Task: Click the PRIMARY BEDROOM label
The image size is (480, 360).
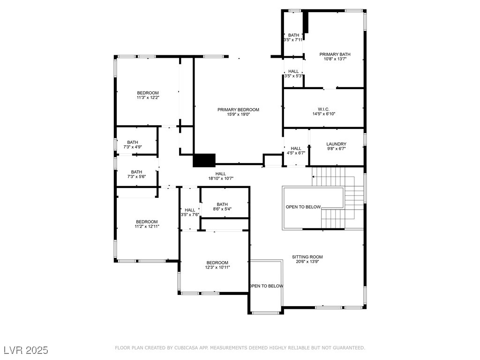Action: point(238,110)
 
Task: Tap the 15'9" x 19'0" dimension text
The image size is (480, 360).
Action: point(238,114)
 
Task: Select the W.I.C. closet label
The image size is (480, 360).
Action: point(323,109)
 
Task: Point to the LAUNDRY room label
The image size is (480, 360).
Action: point(336,144)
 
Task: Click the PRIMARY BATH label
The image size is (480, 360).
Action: point(335,54)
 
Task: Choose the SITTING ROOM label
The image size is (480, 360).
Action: point(307,257)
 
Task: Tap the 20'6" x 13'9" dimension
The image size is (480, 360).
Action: point(307,262)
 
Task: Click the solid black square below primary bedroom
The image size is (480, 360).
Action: point(204,160)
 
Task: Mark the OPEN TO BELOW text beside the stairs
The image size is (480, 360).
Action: point(303,207)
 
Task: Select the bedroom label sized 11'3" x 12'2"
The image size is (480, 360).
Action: point(148,93)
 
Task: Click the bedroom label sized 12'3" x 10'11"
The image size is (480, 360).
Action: point(217,262)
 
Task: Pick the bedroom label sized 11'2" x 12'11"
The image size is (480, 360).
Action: point(147,222)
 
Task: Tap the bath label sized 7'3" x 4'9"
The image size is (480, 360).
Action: point(133,142)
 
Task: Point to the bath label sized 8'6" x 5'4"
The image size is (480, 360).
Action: point(222,204)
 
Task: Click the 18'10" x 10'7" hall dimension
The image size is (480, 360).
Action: point(221,179)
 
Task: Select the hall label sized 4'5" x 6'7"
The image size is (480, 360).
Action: point(296,149)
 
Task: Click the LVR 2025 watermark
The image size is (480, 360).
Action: point(26,350)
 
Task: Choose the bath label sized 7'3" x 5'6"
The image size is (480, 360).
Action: point(136,172)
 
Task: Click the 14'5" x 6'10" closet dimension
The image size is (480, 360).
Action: point(324,114)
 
